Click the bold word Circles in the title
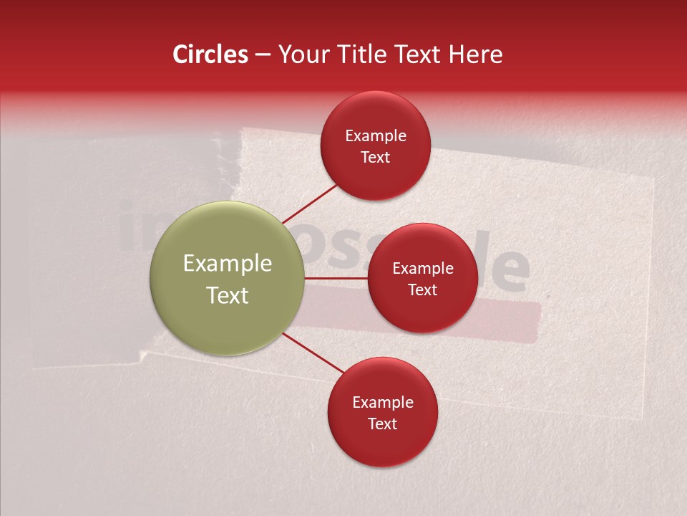(210, 54)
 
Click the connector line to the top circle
(309, 204)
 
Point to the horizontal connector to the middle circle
(336, 277)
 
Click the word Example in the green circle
(228, 264)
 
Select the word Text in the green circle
(228, 295)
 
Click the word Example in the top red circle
(375, 136)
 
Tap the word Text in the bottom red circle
(382, 424)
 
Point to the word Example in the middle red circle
(422, 269)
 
